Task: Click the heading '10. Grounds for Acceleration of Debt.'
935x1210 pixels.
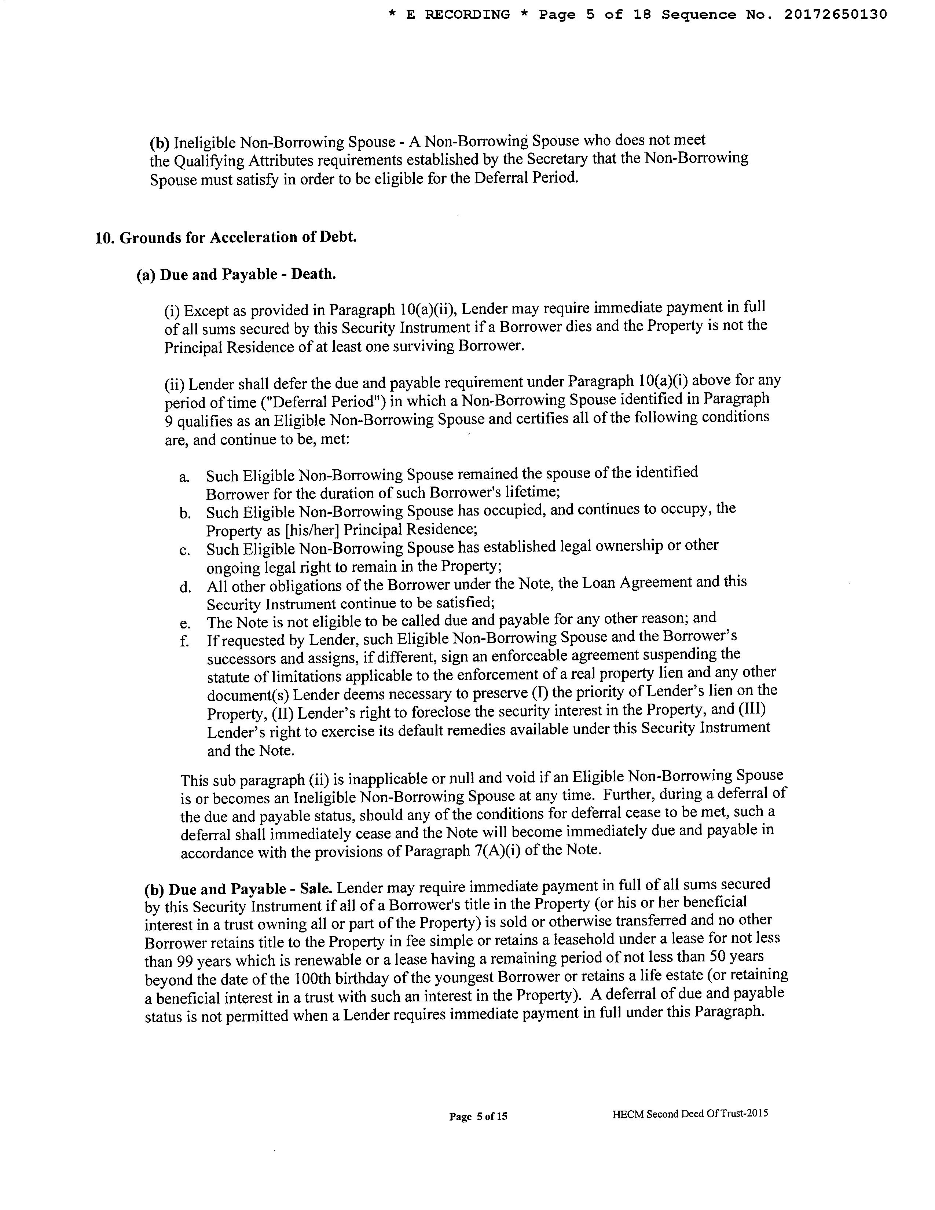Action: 226,238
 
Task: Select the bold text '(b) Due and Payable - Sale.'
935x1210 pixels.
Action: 238,889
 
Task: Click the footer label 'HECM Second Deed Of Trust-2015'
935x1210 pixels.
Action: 690,1114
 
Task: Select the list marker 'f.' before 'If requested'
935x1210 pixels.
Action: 184,641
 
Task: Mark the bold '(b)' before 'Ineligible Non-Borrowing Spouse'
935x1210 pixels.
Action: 159,143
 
